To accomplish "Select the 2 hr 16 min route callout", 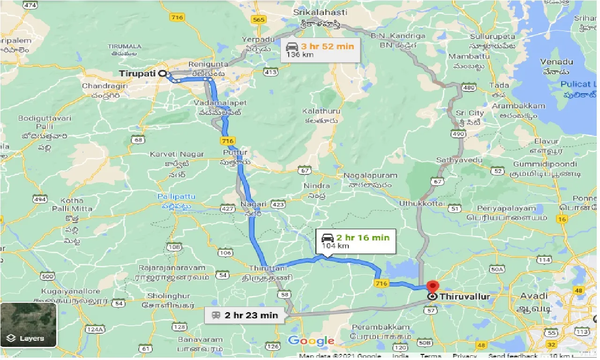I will pos(356,241).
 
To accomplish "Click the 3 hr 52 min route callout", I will pos(321,50).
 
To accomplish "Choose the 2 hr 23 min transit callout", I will pos(245,315).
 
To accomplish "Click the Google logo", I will pos(311,341).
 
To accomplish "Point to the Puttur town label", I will pos(235,153).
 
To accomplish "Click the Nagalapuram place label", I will pos(370,175).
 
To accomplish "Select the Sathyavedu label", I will pos(459,160).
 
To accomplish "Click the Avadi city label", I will pos(534,296).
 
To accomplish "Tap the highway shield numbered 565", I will pos(258,19).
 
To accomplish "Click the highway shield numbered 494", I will pos(40,199).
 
